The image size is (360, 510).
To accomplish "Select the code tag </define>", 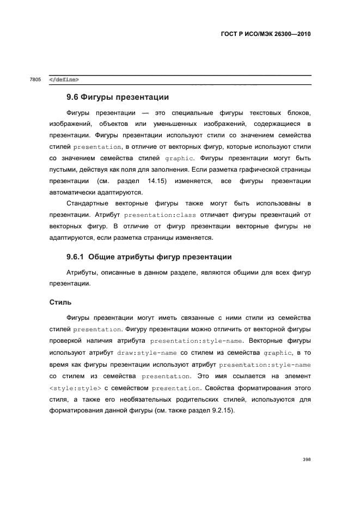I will pos(64,80).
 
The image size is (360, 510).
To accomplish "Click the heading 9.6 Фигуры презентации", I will pos(118,97).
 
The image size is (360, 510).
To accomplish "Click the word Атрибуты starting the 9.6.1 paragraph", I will pos(83,272).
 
